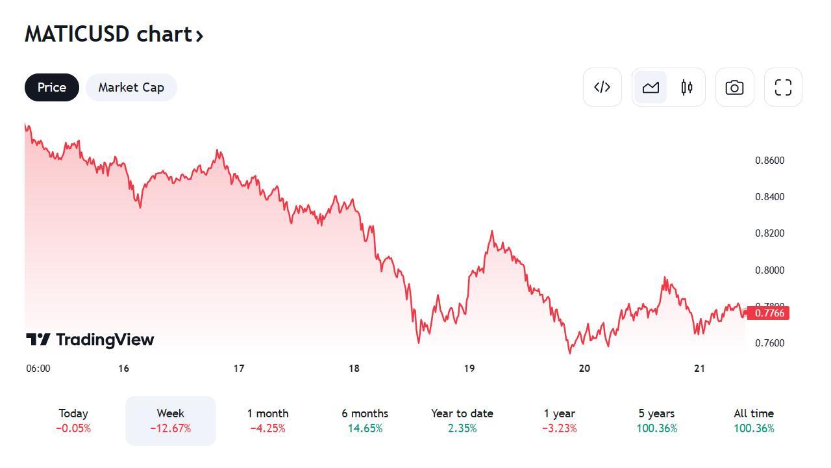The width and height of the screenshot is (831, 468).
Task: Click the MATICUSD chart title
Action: click(114, 34)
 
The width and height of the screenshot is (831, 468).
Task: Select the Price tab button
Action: click(52, 87)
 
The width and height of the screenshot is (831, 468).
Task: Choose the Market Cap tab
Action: click(131, 87)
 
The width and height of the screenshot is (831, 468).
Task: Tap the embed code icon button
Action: click(602, 87)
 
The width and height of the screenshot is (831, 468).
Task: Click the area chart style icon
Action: click(651, 87)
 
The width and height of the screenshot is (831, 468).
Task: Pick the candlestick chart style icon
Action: click(687, 87)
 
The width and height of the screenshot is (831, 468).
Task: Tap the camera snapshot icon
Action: click(734, 87)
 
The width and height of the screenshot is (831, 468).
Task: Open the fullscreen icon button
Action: click(783, 87)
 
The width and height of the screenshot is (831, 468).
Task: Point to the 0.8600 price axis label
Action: click(769, 161)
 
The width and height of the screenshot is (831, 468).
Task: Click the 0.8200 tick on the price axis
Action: click(769, 233)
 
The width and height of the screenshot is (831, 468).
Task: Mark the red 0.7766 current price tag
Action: click(768, 313)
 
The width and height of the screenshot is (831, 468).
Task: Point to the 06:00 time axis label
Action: click(38, 369)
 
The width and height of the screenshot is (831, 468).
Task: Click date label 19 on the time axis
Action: click(469, 369)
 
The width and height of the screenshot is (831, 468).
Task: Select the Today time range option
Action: click(73, 421)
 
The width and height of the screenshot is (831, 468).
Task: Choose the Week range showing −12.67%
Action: click(170, 421)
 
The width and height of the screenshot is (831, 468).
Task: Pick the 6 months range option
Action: click(365, 421)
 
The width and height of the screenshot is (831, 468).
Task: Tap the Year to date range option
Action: click(462, 421)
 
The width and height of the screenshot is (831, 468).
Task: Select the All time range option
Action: click(754, 421)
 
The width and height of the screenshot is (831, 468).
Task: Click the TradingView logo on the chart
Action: click(90, 339)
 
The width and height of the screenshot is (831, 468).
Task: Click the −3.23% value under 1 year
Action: click(560, 428)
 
